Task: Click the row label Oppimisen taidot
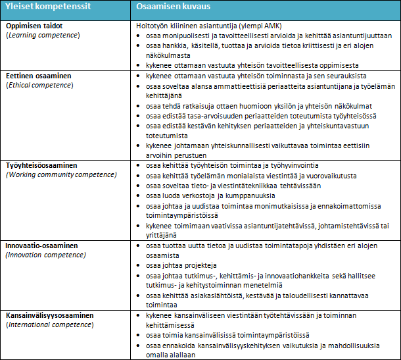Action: point(37,25)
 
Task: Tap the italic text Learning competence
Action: point(43,34)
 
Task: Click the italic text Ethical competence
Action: point(40,85)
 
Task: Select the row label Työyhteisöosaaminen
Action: point(46,165)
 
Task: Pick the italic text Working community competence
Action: point(61,174)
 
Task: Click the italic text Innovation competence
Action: point(46,255)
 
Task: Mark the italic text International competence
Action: point(50,325)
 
